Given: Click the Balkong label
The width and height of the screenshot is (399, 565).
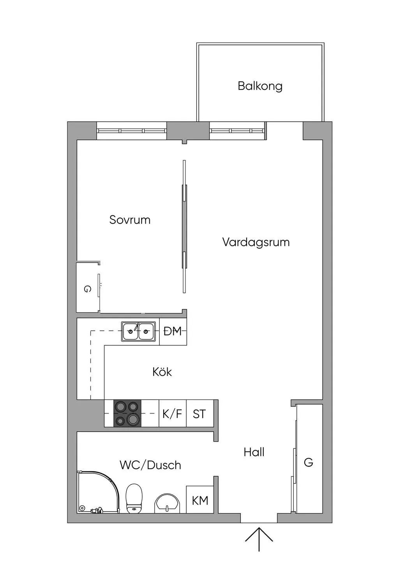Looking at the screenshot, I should [260, 86].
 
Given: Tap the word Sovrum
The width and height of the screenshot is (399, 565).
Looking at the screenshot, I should [130, 220].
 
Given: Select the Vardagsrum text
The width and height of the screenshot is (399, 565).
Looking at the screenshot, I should [256, 242].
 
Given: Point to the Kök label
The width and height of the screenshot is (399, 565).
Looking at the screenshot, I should [162, 371].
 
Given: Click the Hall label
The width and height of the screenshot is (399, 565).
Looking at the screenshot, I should [254, 452].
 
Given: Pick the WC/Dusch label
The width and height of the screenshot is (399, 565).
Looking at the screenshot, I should [150, 465].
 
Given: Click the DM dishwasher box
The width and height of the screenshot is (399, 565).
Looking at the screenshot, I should [173, 332].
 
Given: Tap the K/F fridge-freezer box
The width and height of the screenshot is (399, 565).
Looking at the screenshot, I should [172, 414].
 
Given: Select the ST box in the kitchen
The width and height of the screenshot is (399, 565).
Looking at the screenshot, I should [199, 414].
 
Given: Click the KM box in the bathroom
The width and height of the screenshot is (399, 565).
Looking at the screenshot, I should [200, 500].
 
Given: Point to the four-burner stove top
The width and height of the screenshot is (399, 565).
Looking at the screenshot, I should [127, 414].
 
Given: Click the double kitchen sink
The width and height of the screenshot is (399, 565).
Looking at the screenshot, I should [138, 332].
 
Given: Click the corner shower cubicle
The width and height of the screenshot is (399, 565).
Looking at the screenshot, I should [97, 492].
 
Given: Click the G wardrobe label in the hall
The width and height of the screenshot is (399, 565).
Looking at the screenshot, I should [308, 462].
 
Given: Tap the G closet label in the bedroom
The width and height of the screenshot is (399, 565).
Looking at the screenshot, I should [87, 289].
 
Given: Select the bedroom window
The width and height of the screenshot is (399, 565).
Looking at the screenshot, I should [132, 131].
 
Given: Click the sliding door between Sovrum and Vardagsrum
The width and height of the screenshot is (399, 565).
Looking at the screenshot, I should [184, 226].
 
